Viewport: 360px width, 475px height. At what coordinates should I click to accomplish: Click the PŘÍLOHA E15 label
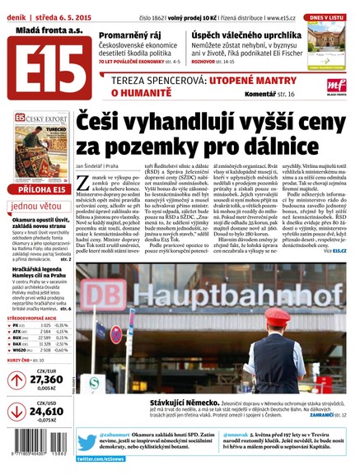[36, 190]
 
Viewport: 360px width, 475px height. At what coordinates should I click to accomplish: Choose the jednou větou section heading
[37, 207]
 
